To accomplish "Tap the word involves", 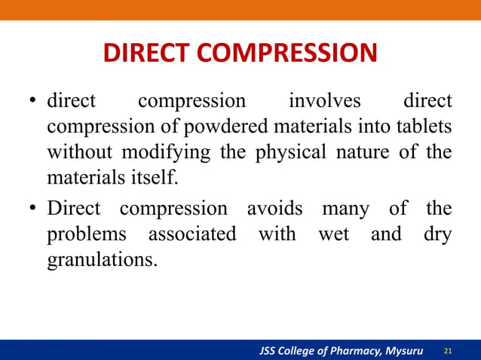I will [x=325, y=100].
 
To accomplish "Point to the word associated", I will [x=191, y=234].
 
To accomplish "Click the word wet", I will [x=333, y=234].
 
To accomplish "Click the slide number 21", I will [x=449, y=351].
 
